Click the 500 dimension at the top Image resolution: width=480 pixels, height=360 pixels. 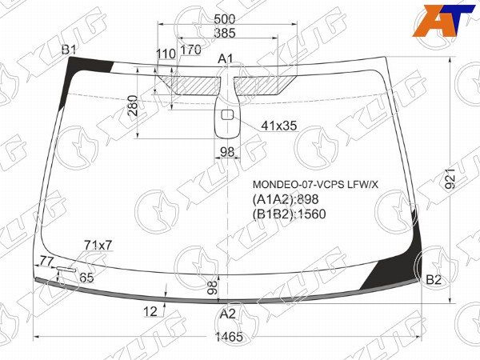coord(225,19)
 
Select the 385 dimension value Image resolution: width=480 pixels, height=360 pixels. coord(225,33)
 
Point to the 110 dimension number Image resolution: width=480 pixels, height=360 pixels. coord(166,54)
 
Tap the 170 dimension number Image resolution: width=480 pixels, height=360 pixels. coord(190,50)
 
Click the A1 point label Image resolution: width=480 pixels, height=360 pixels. coord(226,58)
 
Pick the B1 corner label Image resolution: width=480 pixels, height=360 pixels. coord(70,50)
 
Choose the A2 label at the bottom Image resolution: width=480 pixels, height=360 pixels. coord(228,314)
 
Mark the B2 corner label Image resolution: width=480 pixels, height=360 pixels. coord(434,279)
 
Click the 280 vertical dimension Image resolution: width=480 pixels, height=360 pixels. coord(133,105)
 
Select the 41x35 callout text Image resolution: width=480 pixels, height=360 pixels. coord(279,126)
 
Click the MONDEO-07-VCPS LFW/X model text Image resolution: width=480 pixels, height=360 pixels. coord(316,185)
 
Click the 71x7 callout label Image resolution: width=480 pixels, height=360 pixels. coord(98,245)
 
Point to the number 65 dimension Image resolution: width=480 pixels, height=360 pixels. coord(86,278)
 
